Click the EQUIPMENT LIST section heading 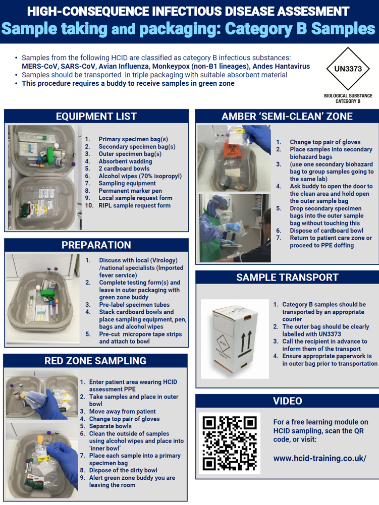[96, 117]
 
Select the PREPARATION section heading [96, 245]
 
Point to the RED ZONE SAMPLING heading [95, 361]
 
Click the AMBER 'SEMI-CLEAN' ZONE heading [287, 117]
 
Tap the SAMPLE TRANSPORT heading [287, 277]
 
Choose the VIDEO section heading [287, 401]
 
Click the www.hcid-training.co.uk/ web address [319, 459]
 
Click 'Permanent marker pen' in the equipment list [130, 191]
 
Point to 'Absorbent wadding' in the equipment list [125, 161]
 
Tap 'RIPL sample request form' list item [134, 205]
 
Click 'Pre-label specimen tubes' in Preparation [134, 305]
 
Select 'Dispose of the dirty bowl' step [123, 470]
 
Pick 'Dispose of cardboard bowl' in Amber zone [326, 231]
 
